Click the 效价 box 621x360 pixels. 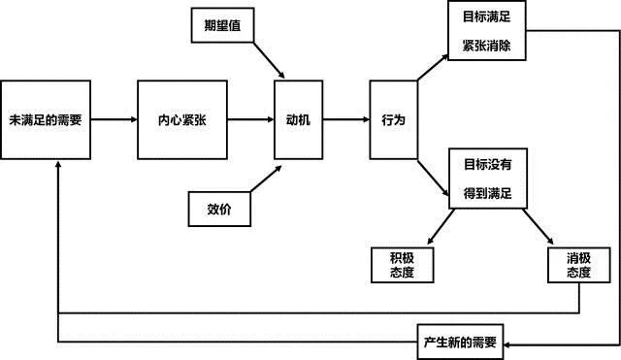point(219,208)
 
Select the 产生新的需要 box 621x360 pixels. point(460,343)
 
